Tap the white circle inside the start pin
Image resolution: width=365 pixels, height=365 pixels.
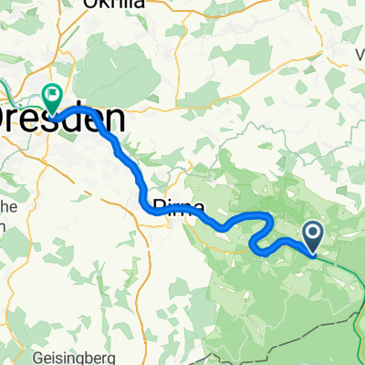(x=313, y=235)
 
